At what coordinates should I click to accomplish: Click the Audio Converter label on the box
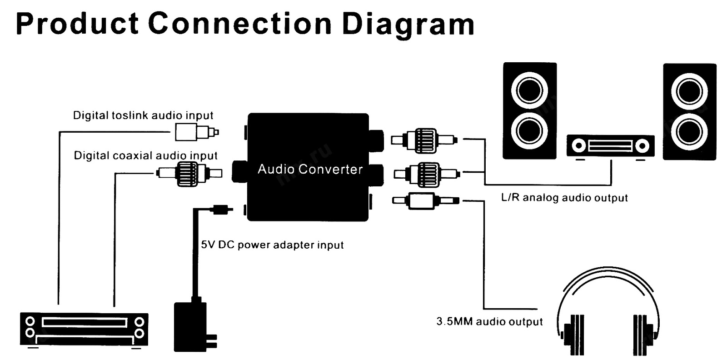[x=310, y=169]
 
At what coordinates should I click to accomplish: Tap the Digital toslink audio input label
[x=143, y=115]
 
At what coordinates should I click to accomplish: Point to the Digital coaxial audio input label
[x=145, y=155]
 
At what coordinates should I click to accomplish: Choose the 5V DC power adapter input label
[x=272, y=245]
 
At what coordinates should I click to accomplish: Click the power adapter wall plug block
[x=191, y=326]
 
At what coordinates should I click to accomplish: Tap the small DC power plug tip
[x=222, y=210]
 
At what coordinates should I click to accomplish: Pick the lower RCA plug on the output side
[x=426, y=174]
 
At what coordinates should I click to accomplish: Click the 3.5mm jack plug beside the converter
[x=424, y=200]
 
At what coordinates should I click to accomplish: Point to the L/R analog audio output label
[x=564, y=198]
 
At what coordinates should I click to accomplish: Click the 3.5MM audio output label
[x=489, y=322]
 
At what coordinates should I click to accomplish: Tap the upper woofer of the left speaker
[x=529, y=90]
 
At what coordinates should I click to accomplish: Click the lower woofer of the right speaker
[x=689, y=131]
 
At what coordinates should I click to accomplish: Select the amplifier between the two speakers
[x=610, y=146]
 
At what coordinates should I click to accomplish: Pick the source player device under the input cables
[x=85, y=329]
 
